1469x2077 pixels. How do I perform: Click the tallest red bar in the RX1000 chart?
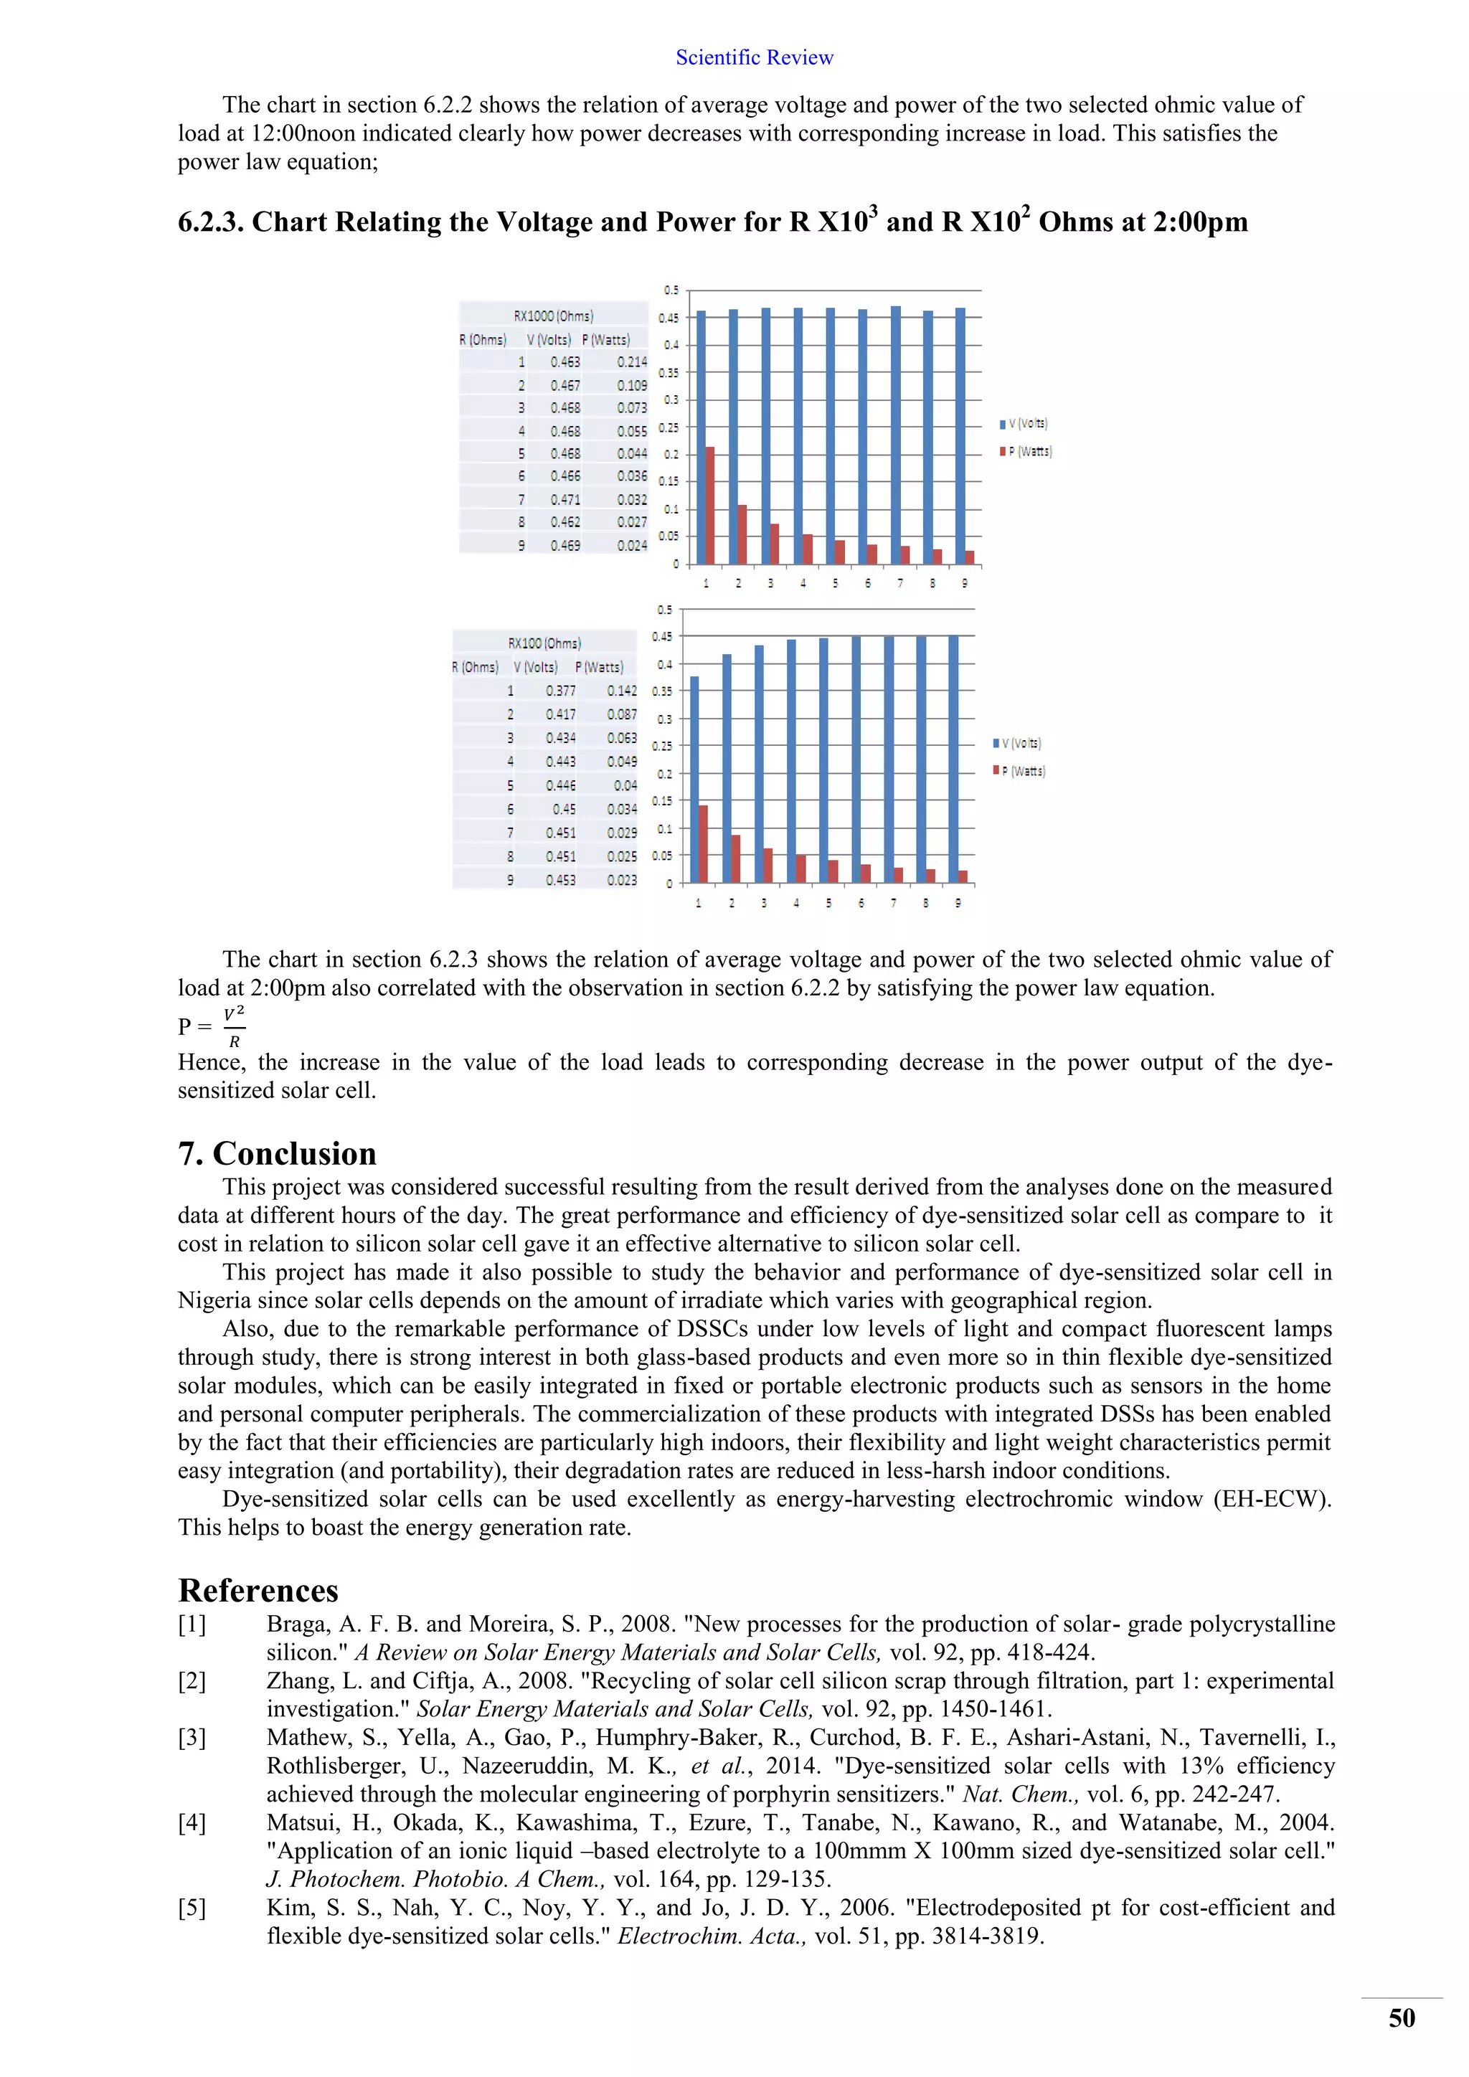click(x=710, y=505)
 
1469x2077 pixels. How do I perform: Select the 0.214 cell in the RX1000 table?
click(x=631, y=362)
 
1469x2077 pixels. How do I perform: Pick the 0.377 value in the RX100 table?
click(x=560, y=690)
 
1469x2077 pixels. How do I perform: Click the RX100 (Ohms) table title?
click(x=544, y=643)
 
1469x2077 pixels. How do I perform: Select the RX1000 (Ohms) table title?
click(x=553, y=316)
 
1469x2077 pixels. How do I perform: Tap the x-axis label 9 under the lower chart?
click(x=958, y=903)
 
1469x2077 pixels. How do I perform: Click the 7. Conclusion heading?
click(x=277, y=1153)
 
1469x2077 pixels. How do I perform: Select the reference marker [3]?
click(x=192, y=1738)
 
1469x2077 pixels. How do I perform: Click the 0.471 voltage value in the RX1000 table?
click(x=565, y=499)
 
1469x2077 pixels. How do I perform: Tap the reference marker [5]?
click(x=192, y=1908)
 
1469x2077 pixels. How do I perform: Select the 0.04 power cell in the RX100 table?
click(x=624, y=785)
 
